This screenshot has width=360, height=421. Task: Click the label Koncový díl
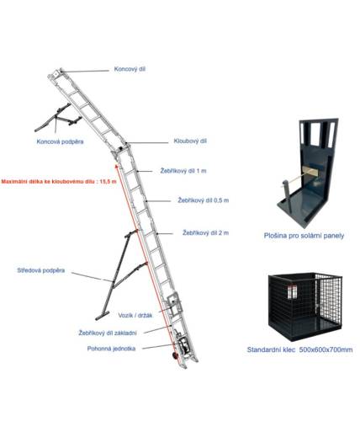click(x=130, y=69)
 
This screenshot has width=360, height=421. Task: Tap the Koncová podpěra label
click(x=60, y=141)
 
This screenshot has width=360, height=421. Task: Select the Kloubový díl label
click(x=190, y=141)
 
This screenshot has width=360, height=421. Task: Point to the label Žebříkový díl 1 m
click(x=183, y=171)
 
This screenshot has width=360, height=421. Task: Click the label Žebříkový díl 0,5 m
click(x=204, y=200)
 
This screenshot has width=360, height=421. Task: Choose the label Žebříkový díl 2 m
click(x=205, y=232)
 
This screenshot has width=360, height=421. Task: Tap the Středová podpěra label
click(x=41, y=270)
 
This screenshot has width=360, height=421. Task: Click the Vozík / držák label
click(x=135, y=316)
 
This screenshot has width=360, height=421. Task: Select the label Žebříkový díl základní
click(x=108, y=333)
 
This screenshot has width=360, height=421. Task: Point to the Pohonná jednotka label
click(x=111, y=349)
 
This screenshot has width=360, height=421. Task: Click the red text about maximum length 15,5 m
click(x=59, y=181)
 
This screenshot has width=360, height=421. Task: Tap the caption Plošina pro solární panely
click(x=304, y=236)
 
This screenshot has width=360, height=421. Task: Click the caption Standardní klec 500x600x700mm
click(x=299, y=349)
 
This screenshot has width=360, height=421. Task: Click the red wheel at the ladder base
click(x=175, y=355)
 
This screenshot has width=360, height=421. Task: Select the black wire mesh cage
click(x=305, y=306)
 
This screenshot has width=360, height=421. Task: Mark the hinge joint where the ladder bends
click(x=121, y=148)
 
